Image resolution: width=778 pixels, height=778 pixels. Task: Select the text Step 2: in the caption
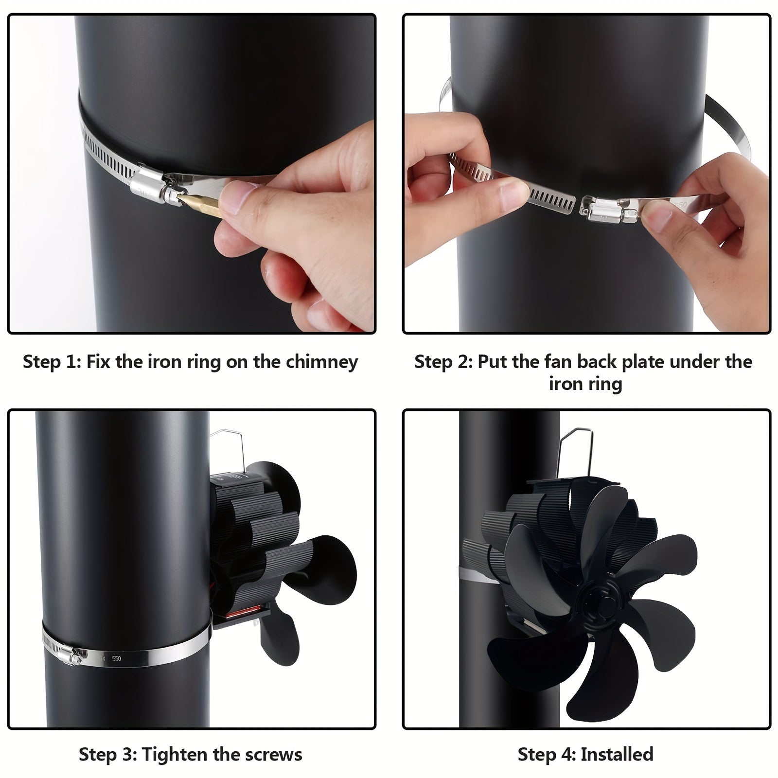[x=442, y=362]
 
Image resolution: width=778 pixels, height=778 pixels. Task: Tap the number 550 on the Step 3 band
[x=117, y=659]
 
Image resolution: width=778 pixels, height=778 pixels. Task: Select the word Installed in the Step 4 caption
[x=617, y=755]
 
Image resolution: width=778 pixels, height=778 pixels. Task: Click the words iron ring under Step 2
[x=585, y=384]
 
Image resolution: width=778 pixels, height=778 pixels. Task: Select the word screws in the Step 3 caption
[x=273, y=755]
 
